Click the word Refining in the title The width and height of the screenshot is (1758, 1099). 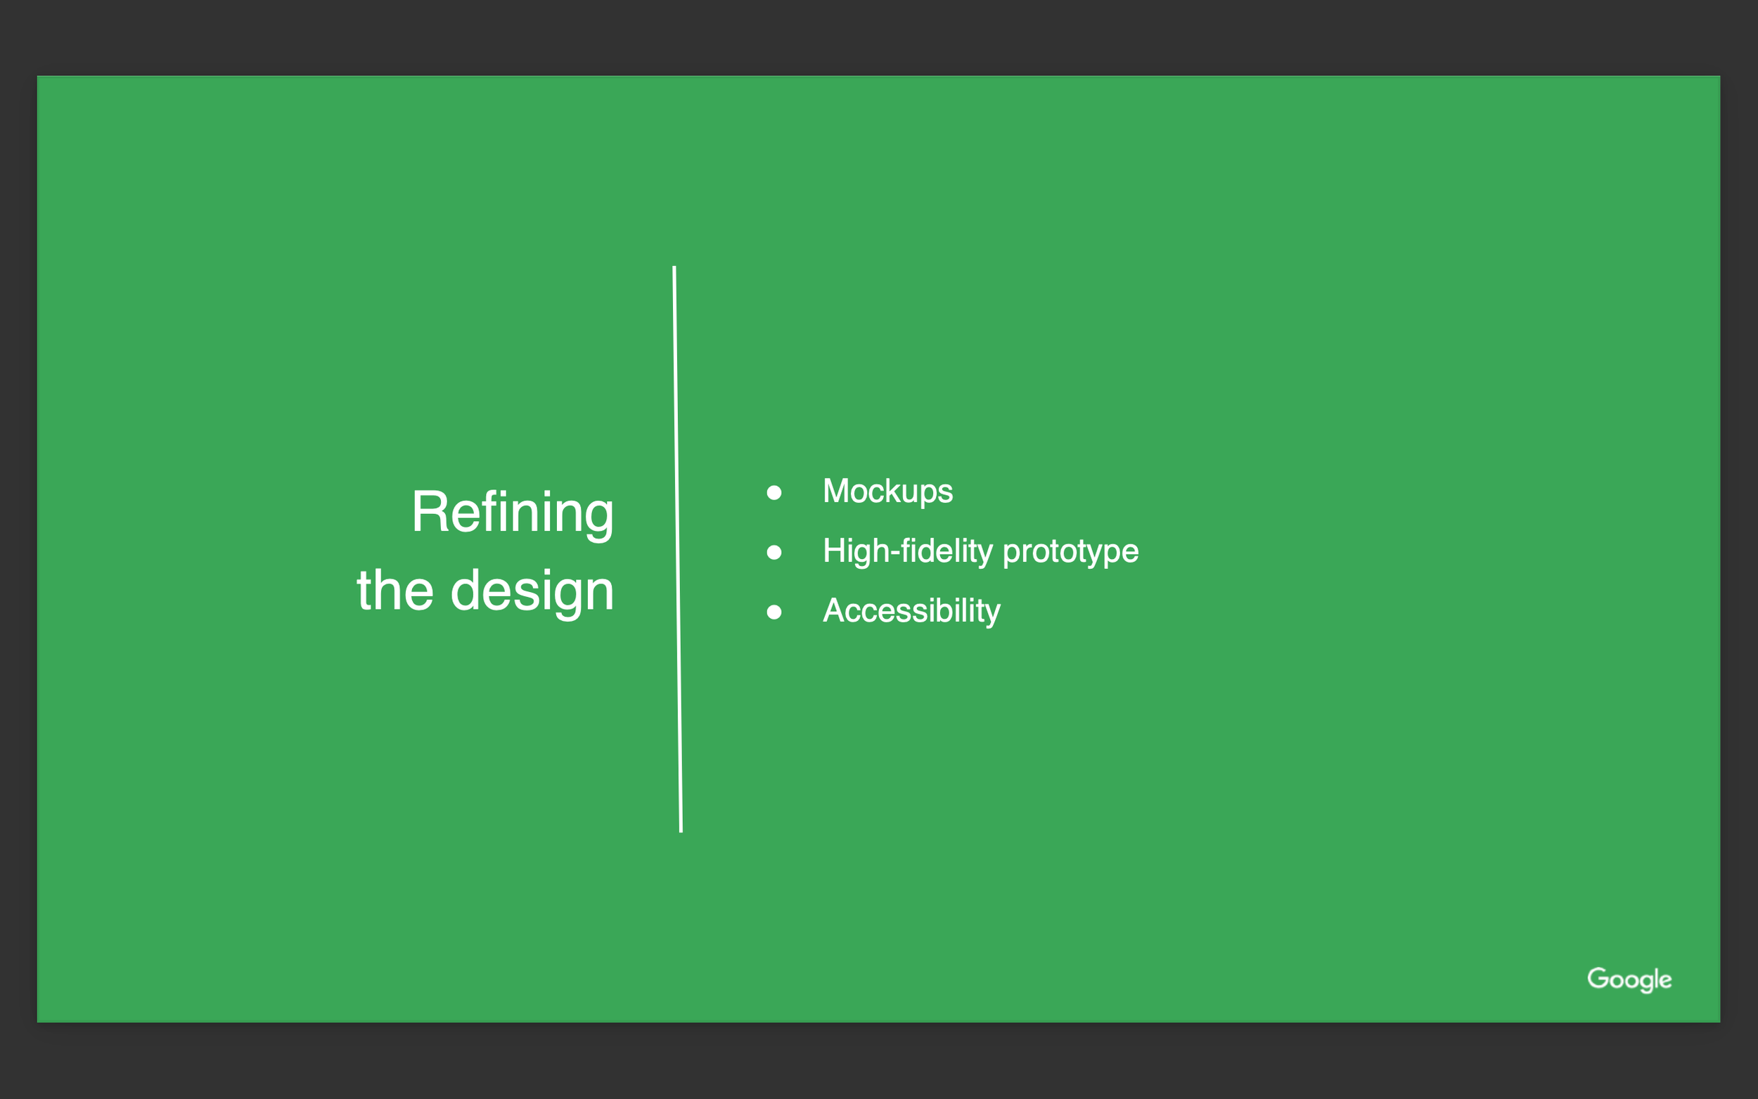(x=513, y=513)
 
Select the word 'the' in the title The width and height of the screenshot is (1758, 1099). (x=394, y=590)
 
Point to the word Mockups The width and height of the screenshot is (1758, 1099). (x=887, y=492)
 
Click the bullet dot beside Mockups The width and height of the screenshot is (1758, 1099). (x=774, y=493)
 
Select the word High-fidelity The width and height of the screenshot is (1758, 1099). (x=907, y=551)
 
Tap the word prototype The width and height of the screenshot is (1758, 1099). (x=1070, y=553)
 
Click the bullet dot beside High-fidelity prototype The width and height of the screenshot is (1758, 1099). (x=774, y=553)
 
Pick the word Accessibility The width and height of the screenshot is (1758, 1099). (x=911, y=611)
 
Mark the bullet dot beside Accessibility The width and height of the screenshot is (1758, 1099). (x=774, y=612)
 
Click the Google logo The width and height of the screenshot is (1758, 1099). (x=1629, y=979)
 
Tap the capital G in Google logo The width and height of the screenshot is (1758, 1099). (x=1597, y=977)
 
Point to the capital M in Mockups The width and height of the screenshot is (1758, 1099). (x=837, y=491)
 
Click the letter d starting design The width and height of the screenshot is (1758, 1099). (x=465, y=589)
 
